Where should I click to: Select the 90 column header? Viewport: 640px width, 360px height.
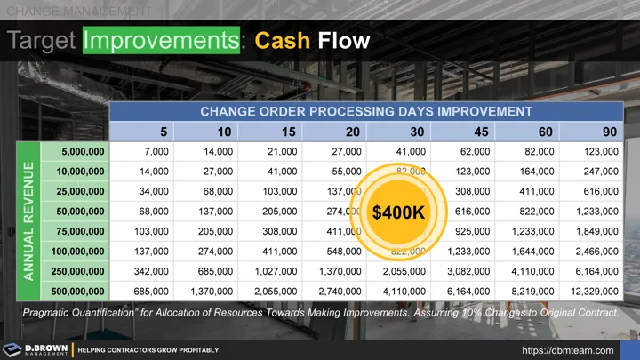pos(610,132)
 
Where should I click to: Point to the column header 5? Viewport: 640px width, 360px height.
pos(164,132)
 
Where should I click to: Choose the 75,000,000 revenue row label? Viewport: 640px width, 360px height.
pos(76,230)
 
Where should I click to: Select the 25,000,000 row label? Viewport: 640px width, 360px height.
pos(76,191)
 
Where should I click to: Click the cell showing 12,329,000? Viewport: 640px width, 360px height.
pos(592,291)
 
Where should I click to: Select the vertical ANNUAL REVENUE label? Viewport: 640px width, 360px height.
pos(28,221)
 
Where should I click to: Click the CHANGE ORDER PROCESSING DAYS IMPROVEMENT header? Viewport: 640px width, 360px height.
pos(366,112)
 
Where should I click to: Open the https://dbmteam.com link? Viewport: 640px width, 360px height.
pos(574,350)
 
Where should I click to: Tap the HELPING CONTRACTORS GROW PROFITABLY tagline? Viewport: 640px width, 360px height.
pos(149,350)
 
